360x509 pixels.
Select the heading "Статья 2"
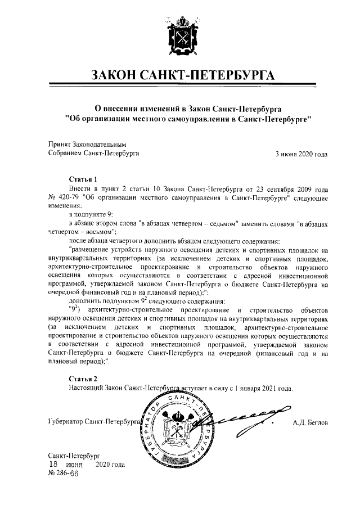tap(83, 378)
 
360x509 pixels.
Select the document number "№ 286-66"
tap(63, 474)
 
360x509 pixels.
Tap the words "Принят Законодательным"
tap(84, 143)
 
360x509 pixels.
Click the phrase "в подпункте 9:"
tap(91, 215)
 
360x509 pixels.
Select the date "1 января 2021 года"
tap(263, 388)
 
